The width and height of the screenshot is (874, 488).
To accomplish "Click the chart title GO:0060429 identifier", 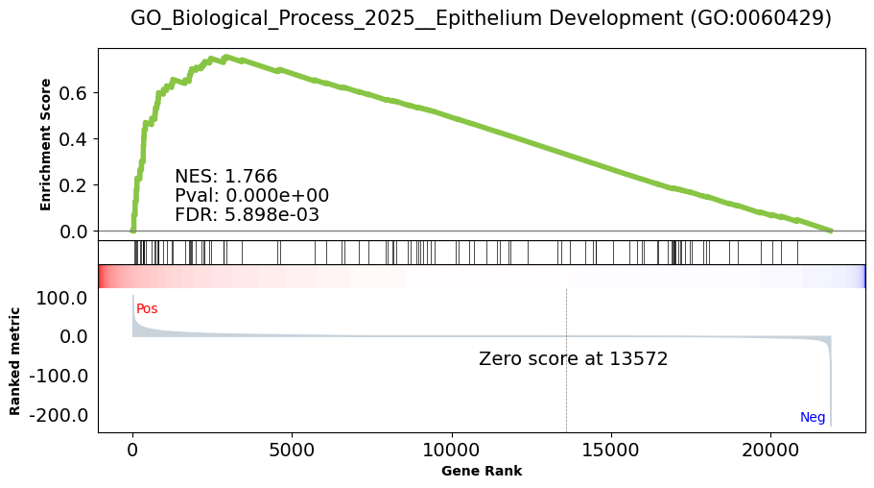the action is [761, 18].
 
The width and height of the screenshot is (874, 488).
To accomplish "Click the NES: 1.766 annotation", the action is [225, 177].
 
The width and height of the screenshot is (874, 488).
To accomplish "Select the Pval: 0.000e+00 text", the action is [252, 195].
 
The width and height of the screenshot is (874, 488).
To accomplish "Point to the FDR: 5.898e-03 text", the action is [247, 214].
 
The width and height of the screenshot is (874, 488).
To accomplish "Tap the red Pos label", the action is [147, 308].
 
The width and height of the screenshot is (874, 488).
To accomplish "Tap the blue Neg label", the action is [813, 417].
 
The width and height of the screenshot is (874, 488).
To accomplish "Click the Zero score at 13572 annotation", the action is [573, 358].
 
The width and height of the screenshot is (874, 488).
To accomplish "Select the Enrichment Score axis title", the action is [45, 145].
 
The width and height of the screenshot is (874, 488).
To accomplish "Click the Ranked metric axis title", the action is [14, 361].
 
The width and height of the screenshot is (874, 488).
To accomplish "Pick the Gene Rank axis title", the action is [482, 472].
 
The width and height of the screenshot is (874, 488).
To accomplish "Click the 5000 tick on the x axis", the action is [292, 450].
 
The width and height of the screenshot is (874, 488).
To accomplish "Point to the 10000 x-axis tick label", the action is [452, 450].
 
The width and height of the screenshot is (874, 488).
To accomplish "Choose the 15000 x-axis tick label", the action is [611, 450].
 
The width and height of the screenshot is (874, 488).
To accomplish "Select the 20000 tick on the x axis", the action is [770, 450].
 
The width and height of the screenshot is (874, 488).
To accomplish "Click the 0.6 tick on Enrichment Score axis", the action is [73, 92].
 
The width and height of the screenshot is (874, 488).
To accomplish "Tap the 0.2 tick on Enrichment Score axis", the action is [73, 185].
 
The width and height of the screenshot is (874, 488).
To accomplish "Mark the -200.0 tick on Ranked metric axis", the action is [59, 415].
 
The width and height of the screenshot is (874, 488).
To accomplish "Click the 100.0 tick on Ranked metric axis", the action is [61, 298].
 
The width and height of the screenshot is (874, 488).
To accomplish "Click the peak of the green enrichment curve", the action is [225, 57].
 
